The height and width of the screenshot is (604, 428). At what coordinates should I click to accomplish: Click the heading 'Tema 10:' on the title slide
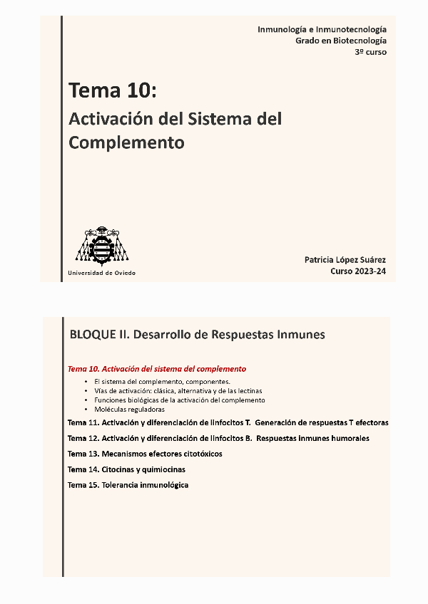(112, 91)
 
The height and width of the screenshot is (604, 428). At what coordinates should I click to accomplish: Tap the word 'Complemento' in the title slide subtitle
(126, 142)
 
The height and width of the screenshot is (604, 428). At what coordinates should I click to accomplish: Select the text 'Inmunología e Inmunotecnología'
(322, 29)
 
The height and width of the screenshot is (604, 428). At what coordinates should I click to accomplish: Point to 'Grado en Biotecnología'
(341, 41)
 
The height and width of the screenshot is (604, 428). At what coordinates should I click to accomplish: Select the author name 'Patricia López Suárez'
(345, 260)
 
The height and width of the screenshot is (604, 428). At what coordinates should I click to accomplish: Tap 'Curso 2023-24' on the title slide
(358, 271)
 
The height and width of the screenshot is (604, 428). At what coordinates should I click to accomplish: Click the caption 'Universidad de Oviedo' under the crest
(101, 273)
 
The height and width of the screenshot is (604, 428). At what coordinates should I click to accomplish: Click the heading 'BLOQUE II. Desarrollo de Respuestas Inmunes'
(198, 334)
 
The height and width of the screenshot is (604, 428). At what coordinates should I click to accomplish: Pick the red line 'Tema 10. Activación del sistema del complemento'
(157, 369)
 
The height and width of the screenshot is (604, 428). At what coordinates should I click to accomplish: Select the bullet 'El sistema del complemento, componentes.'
(162, 382)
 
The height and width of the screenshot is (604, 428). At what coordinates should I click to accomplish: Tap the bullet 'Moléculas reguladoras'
(129, 410)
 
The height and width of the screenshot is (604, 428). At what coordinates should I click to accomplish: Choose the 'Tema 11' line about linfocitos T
(228, 422)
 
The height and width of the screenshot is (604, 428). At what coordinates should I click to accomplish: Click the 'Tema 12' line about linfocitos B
(218, 438)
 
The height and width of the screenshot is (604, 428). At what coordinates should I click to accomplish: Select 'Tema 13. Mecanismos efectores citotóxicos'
(145, 454)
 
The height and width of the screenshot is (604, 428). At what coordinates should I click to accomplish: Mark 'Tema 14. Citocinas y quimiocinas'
(126, 469)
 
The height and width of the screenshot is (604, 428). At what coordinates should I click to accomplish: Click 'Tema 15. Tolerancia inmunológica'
(128, 485)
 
